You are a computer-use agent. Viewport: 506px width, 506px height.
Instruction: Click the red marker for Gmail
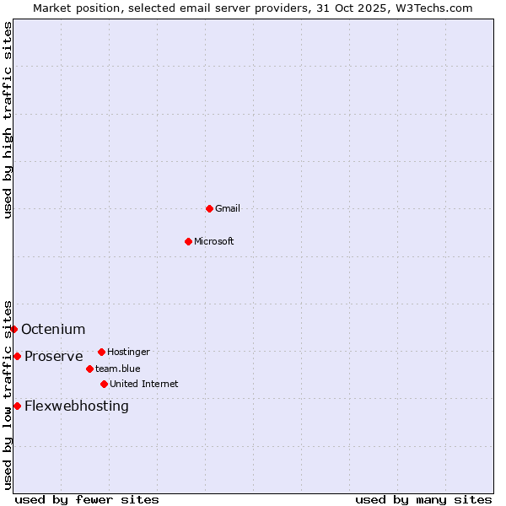click(209, 208)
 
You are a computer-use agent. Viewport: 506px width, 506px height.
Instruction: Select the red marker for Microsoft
click(188, 241)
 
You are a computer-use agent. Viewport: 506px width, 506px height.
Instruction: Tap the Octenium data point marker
click(13, 329)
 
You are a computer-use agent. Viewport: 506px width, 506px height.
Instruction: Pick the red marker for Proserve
click(17, 356)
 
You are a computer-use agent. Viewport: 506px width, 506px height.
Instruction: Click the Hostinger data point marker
click(101, 352)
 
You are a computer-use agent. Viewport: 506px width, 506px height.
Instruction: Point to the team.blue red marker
click(89, 369)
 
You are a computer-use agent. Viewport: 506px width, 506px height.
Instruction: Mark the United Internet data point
click(104, 384)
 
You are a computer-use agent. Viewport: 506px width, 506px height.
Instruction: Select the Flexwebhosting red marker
click(17, 406)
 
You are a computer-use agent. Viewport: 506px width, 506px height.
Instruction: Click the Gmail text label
click(228, 208)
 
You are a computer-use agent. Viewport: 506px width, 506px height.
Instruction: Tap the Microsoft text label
click(213, 241)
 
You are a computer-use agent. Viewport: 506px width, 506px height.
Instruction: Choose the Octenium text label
click(53, 329)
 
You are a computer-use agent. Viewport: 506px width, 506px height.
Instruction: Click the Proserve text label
click(53, 356)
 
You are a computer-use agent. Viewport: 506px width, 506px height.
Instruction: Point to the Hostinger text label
click(128, 352)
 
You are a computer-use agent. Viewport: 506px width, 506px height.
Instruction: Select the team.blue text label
click(117, 369)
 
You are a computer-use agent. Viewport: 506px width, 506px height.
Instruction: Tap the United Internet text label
click(143, 384)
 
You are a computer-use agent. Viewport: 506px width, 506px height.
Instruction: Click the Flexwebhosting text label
click(76, 406)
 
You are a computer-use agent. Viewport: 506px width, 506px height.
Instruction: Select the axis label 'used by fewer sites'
click(87, 499)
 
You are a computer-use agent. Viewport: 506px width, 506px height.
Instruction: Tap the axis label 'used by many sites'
click(423, 499)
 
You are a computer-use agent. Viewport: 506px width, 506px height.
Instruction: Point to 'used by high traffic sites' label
click(8, 120)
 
